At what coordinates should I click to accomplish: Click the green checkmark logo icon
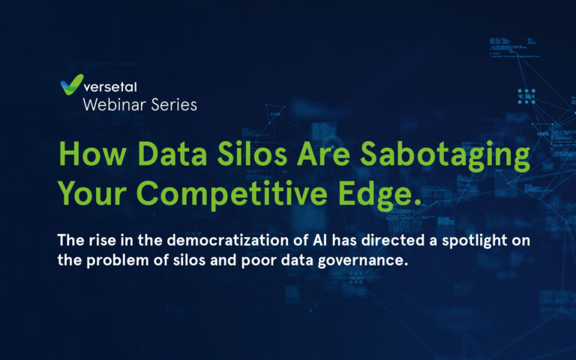[x=72, y=85]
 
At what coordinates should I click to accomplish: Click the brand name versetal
[x=110, y=87]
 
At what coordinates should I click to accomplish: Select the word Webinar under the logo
[x=115, y=105]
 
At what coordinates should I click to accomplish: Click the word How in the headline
[x=92, y=154]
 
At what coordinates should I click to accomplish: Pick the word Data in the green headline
[x=173, y=154]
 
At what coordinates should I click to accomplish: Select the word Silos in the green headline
[x=252, y=154]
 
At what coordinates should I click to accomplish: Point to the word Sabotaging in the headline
[x=445, y=157]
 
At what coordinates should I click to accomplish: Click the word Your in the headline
[x=92, y=193]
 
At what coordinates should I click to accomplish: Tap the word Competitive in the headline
[x=232, y=196]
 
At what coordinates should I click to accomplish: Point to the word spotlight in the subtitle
[x=475, y=241]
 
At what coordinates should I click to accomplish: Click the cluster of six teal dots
[x=526, y=96]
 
